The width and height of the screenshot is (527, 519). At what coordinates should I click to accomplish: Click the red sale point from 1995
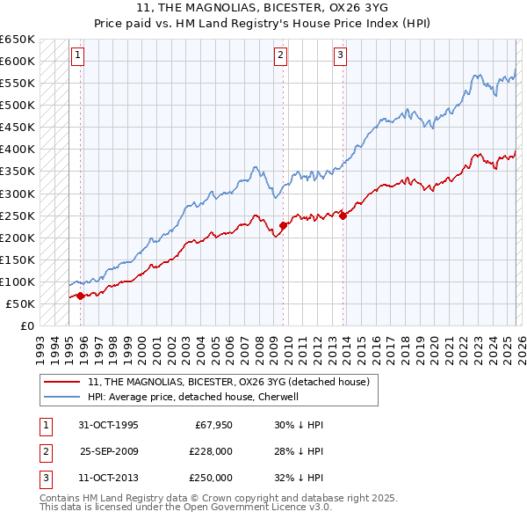pos(80,296)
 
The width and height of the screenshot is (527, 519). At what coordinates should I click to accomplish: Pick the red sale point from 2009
pos(283,225)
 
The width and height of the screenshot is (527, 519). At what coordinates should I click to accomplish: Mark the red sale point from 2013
pos(343,216)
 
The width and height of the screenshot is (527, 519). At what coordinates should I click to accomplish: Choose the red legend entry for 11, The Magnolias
pos(233,382)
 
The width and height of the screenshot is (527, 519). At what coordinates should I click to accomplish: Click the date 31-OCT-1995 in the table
pos(108,425)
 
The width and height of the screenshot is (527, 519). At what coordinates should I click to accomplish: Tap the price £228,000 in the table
pos(211,451)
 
